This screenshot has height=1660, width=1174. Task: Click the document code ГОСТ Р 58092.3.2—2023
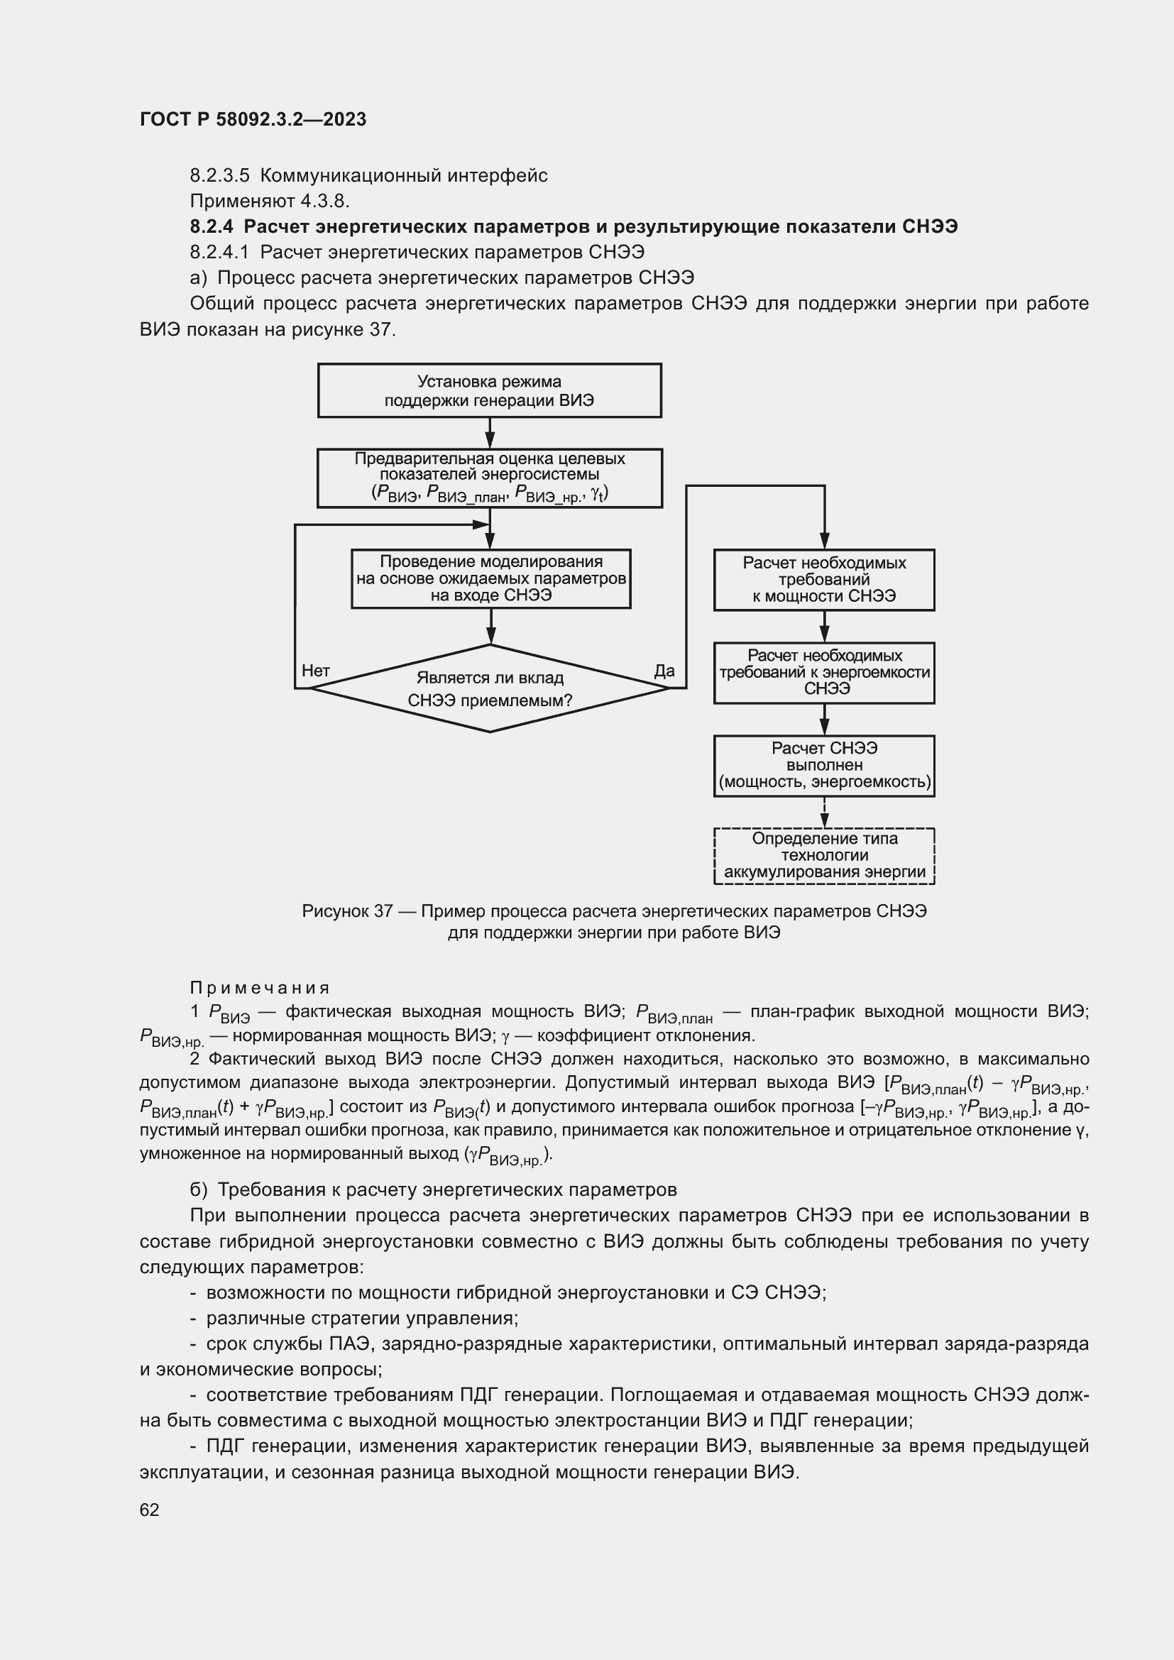(253, 119)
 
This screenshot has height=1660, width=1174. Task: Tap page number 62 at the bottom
(149, 1510)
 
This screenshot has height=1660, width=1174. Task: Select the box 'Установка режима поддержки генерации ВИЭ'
(490, 390)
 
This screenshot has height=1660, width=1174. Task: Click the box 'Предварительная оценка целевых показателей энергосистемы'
(490, 478)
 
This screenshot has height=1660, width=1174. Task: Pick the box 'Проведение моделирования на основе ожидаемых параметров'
(491, 578)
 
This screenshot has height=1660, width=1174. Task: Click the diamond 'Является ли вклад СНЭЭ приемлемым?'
(490, 688)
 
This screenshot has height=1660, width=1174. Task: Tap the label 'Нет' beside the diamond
(315, 671)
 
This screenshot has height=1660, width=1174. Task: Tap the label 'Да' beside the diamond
(664, 671)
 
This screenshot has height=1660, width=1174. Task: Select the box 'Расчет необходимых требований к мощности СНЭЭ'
(824, 580)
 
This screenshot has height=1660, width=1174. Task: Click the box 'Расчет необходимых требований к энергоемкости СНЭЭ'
(824, 672)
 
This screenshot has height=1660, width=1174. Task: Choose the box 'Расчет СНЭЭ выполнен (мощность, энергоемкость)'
(824, 766)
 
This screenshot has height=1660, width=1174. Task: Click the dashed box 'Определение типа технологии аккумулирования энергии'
(824, 855)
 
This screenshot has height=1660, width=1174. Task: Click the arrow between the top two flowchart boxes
(490, 434)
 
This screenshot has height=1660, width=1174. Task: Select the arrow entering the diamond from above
(490, 627)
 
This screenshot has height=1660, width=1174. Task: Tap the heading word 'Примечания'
(260, 988)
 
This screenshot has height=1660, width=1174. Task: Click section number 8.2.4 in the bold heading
(211, 227)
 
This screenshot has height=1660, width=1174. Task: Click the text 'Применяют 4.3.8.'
(270, 201)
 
